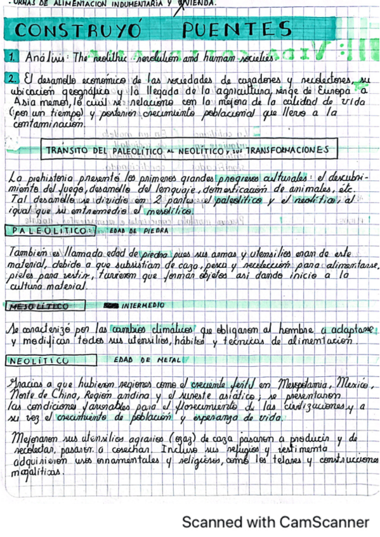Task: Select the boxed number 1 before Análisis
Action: [x=13, y=58]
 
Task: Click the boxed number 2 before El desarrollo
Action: [x=13, y=80]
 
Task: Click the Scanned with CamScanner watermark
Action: [x=275, y=522]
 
